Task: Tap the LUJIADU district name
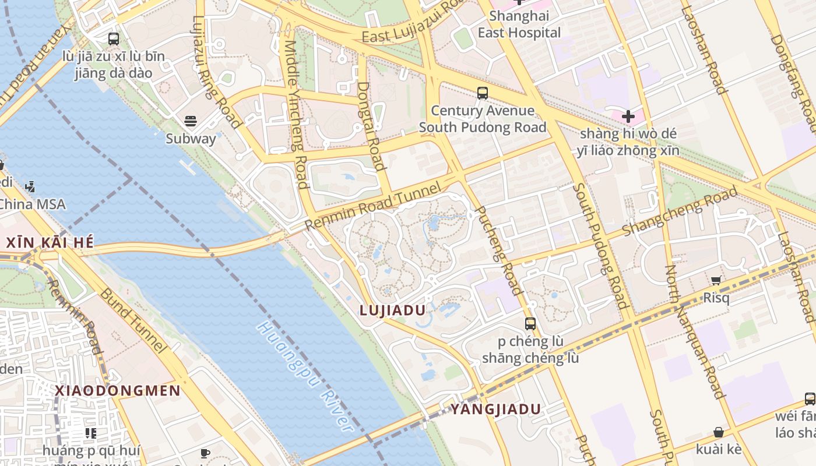point(393,310)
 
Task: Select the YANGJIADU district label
point(496,409)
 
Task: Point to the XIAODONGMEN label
point(118,391)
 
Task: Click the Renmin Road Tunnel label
point(373,207)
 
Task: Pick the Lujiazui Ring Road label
point(217,71)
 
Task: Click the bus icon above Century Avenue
point(483,93)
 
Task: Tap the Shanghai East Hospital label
point(519,24)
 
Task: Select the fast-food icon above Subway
point(191,121)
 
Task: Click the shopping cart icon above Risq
point(716,280)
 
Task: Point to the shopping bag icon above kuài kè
point(719,432)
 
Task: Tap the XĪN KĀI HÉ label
point(50,243)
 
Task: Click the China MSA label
point(32,204)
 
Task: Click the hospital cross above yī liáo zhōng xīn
point(628,116)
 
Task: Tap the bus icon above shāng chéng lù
point(530,324)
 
